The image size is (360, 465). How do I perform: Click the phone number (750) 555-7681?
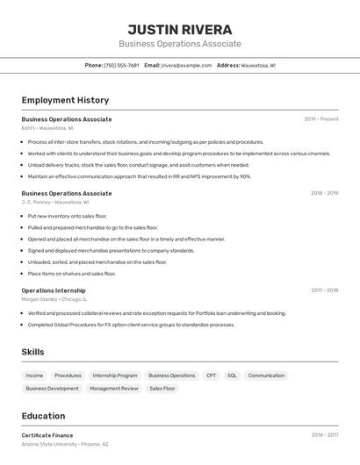point(121,65)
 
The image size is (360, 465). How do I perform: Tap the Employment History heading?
point(65,100)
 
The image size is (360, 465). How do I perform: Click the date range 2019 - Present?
point(321,119)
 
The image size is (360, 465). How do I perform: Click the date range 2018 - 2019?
point(324,193)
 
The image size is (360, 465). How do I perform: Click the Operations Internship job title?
point(54,290)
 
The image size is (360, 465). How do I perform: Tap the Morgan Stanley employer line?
point(60,299)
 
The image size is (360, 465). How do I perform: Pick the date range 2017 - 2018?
point(324,290)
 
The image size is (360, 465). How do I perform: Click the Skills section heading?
point(32,352)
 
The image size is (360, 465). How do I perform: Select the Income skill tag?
point(34,376)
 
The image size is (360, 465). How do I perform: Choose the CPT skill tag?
point(211,376)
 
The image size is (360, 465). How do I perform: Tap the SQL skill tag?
point(232,376)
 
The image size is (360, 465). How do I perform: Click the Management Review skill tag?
point(114,388)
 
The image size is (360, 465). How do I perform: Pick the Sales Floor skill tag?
point(162,388)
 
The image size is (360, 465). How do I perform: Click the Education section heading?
point(43,416)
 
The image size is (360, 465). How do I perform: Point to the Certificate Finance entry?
point(47,435)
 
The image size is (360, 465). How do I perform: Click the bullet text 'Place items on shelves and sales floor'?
point(71,274)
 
